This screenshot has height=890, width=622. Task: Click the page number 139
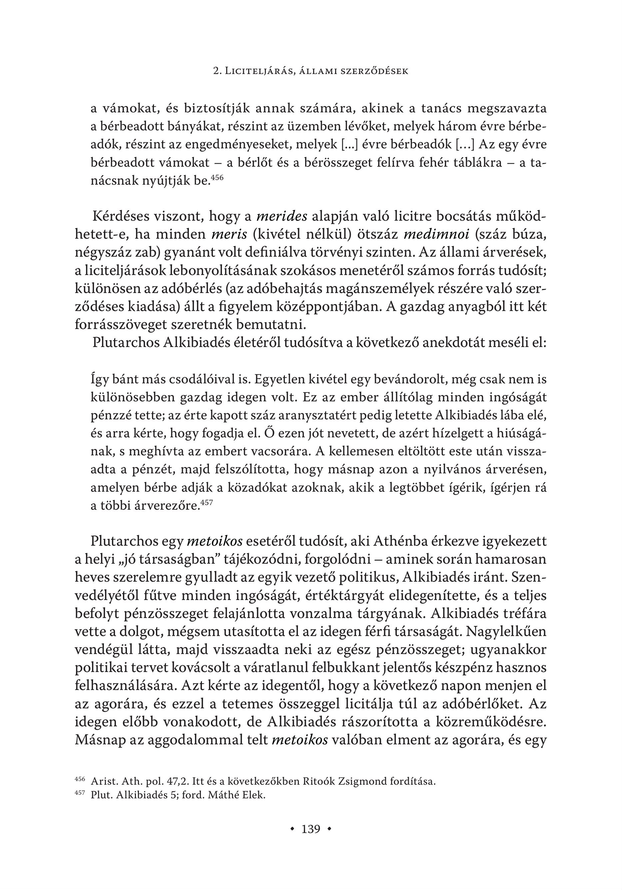(311, 829)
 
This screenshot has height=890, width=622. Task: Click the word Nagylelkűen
(506, 631)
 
